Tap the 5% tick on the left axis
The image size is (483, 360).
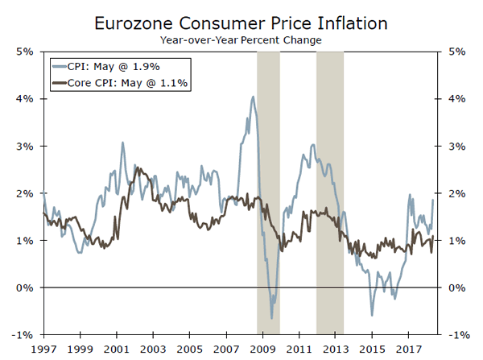point(24,52)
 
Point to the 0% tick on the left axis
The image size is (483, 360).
point(24,288)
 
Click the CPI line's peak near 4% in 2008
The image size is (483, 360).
point(254,97)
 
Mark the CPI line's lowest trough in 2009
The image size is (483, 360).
point(272,318)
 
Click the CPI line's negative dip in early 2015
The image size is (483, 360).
point(372,315)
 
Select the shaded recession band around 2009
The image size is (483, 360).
point(268,193)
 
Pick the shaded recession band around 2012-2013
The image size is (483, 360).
point(330,193)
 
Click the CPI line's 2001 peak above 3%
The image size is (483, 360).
point(122,143)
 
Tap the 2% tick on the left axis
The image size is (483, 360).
point(24,193)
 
